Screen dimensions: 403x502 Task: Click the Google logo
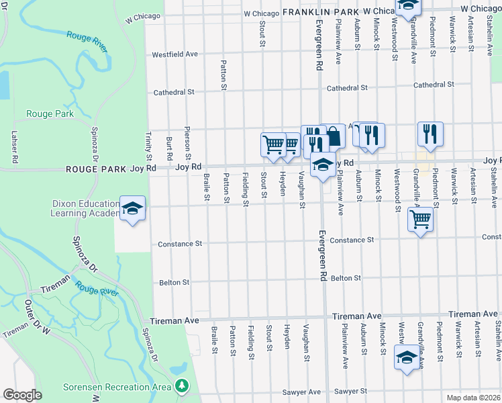click(22, 395)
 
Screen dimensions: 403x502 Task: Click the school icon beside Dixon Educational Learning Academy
click(132, 209)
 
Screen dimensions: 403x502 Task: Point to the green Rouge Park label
click(50, 114)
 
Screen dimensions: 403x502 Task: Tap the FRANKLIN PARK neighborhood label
click(318, 12)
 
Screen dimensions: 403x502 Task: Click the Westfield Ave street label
click(175, 54)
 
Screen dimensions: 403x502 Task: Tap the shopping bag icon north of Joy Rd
click(333, 135)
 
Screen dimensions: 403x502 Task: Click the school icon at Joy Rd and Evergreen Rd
click(323, 165)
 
